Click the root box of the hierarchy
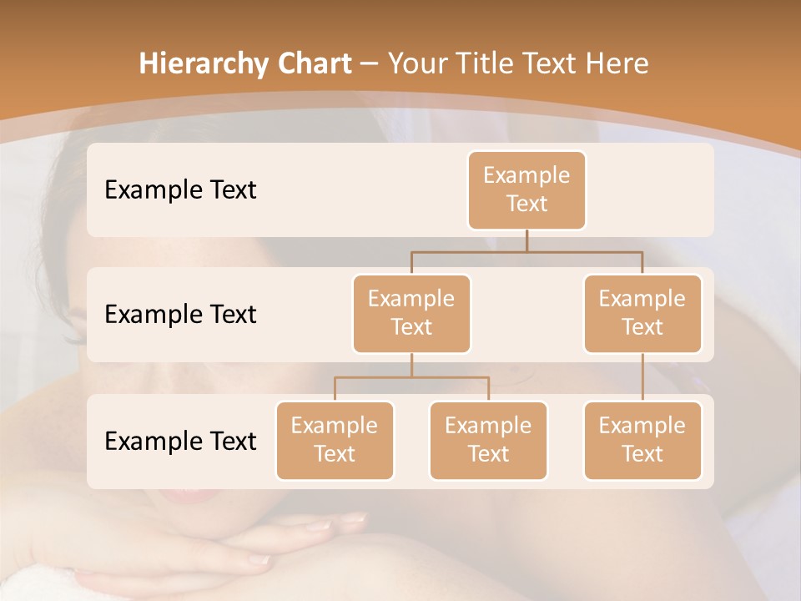coord(526,189)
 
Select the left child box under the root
coord(411,313)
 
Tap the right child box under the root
coord(642,313)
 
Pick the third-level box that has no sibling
coord(642,440)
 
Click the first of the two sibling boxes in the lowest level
coord(335,440)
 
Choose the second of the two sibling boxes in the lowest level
coord(488,440)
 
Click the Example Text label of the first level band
coord(180,190)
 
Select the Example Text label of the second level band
coord(180,315)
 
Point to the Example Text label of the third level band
coord(180,441)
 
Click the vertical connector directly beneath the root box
coord(526,240)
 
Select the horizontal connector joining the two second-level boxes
coord(526,251)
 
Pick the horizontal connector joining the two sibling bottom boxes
coord(411,377)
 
